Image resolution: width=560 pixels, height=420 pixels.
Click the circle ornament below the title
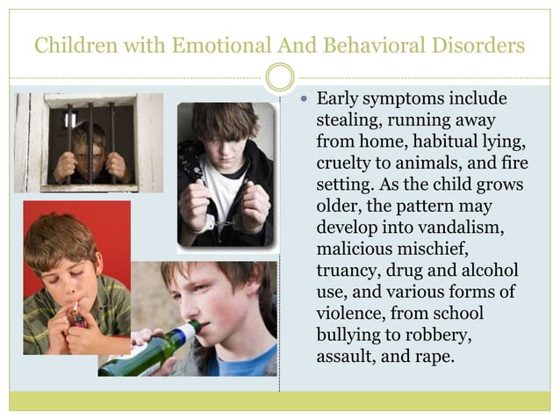[280, 77]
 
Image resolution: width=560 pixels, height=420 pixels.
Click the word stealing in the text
[345, 120]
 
